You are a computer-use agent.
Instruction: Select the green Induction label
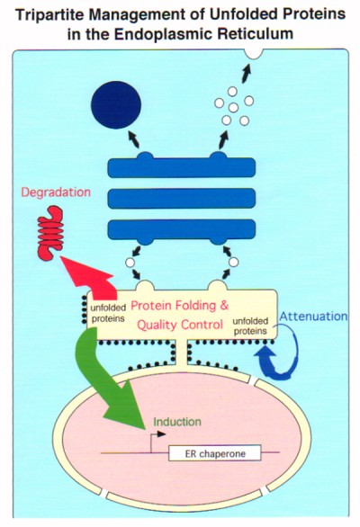(x=175, y=420)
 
